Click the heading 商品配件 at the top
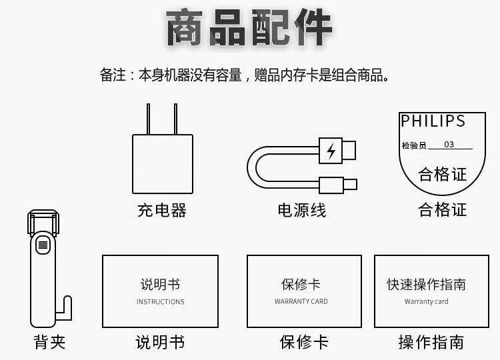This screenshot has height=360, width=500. coord(249,28)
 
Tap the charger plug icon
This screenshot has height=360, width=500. coord(162,155)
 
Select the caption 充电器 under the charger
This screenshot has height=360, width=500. coord(162,211)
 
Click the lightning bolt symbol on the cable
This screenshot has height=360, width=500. coord(331,151)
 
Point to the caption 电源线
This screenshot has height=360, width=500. coord(302,211)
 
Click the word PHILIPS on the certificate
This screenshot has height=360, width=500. coord(433,121)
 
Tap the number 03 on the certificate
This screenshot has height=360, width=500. coord(449,145)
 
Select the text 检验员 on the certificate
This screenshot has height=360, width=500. coord(413,145)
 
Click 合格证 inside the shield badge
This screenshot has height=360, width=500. coord(442,175)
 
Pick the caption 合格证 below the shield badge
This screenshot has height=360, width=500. coord(442,210)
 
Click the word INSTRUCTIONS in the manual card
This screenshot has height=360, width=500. coord(160,302)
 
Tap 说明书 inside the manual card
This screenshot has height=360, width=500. coord(160,285)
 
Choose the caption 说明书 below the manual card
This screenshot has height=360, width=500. coord(160,343)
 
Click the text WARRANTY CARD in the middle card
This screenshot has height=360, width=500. coord(301,302)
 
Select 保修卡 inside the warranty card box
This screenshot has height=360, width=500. coord(301,285)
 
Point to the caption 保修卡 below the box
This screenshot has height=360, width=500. coord(304,343)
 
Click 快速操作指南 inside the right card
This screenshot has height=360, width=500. coord(426,285)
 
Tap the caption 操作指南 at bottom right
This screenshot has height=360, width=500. coord(431,343)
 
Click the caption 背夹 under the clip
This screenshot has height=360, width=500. coord(50,343)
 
